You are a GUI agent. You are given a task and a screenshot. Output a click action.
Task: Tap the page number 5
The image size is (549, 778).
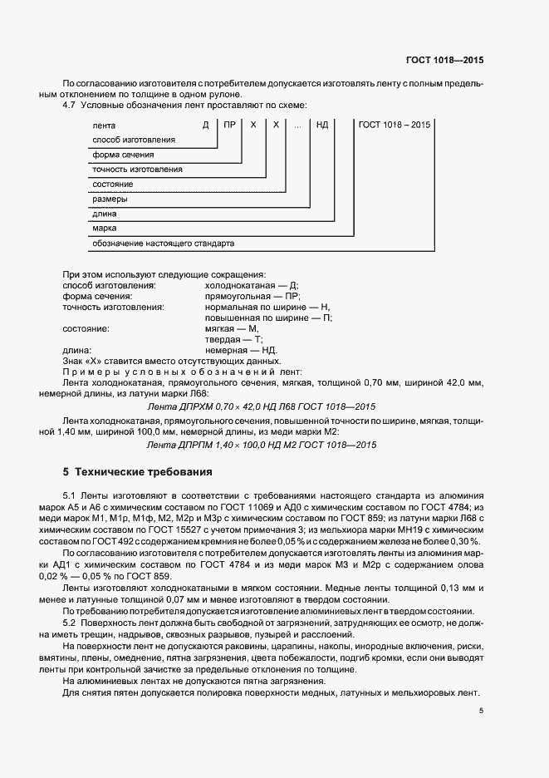pyautogui.click(x=481, y=710)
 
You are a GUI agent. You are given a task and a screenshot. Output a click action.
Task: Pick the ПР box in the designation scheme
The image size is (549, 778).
pyautogui.click(x=228, y=125)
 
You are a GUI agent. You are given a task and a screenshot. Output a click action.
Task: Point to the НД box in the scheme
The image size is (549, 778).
pyautogui.click(x=322, y=125)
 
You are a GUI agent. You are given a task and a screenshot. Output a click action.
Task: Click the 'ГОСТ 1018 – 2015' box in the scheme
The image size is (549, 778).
pyautogui.click(x=395, y=125)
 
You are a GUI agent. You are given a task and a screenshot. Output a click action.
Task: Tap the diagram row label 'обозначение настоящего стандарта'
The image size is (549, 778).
pyautogui.click(x=163, y=244)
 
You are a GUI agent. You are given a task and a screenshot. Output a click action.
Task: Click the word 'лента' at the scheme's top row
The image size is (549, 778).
pyautogui.click(x=104, y=125)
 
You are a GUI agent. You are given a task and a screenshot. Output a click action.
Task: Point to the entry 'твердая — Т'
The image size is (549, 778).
pyautogui.click(x=233, y=340)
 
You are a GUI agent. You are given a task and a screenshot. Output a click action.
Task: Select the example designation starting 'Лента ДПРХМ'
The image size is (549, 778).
pyautogui.click(x=261, y=406)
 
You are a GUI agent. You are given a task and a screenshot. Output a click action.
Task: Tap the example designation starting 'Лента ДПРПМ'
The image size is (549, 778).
pyautogui.click(x=261, y=445)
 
